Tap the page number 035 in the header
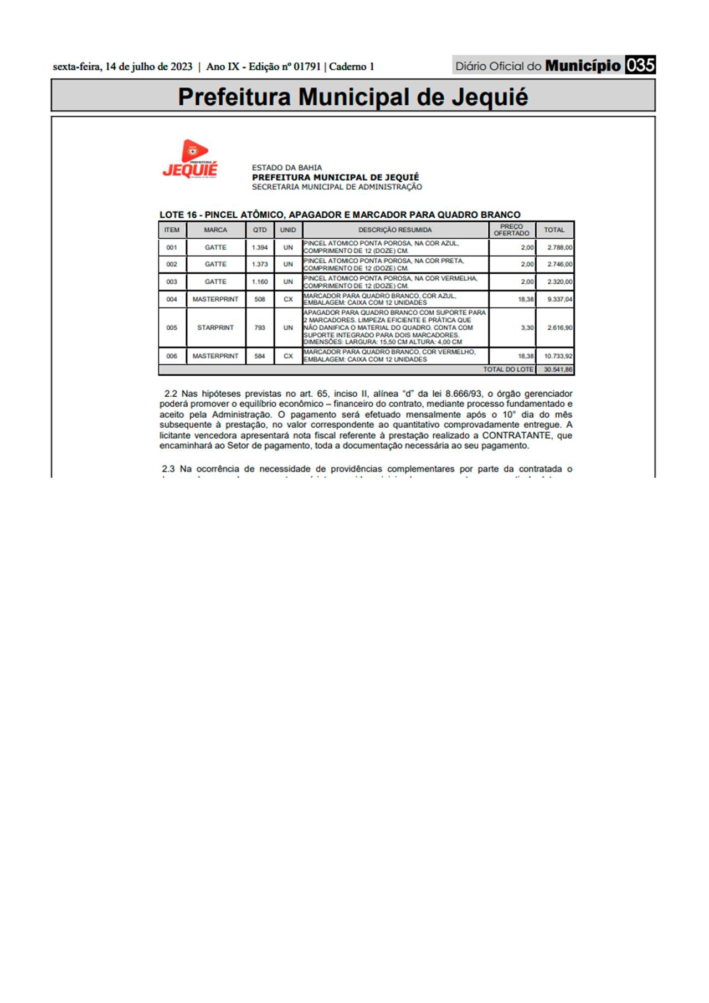point(640,66)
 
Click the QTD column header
point(260,230)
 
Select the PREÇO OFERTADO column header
point(511,230)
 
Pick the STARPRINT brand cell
point(215,327)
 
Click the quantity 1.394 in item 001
point(260,248)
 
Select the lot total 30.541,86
point(558,370)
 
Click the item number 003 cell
point(172,282)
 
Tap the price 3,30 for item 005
point(527,327)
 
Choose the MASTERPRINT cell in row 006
point(215,356)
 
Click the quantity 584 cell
point(260,356)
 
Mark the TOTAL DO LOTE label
point(508,370)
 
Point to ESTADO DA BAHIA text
point(287,167)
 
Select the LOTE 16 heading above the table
point(340,214)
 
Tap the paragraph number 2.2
point(171,394)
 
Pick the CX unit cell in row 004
point(288,299)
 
